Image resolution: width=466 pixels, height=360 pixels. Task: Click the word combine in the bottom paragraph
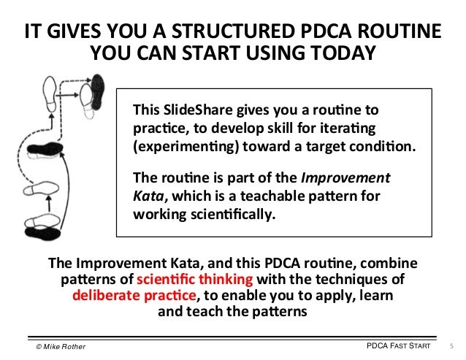pos(397,263)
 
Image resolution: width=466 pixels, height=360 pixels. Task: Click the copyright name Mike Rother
pos(65,345)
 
